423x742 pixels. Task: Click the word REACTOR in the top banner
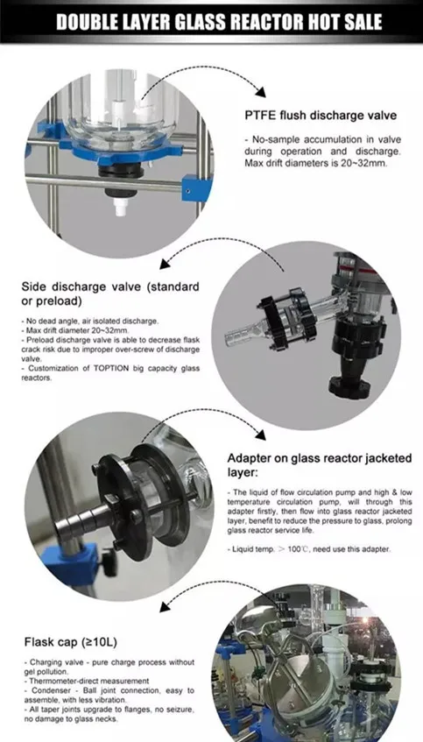tap(273, 22)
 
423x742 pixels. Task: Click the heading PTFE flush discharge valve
tap(321, 115)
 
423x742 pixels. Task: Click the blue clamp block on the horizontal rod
tap(195, 187)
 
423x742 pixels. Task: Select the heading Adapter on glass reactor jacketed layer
tap(320, 464)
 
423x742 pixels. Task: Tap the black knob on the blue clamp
tap(109, 562)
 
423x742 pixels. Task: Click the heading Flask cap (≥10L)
tap(70, 642)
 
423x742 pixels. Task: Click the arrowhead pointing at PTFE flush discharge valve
tap(261, 92)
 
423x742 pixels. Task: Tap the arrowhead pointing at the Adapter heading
tap(260, 435)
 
